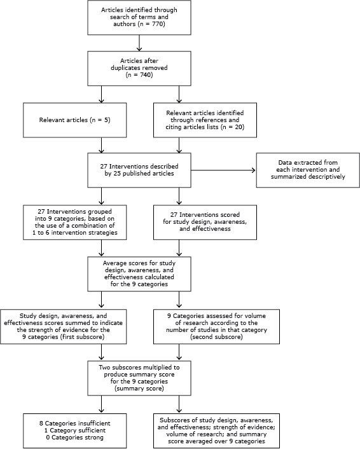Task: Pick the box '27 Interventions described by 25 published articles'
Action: pyautogui.click(x=140, y=170)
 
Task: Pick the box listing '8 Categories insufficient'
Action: pyautogui.click(x=62, y=429)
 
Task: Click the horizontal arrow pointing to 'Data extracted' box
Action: pyautogui.click(x=223, y=170)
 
